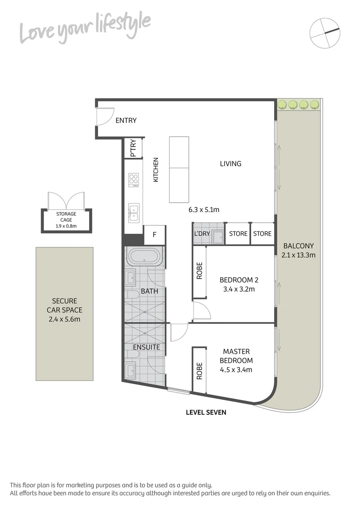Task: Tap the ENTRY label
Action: [126, 121]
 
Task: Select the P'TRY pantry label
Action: [133, 148]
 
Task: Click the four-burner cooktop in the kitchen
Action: [134, 180]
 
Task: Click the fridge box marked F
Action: [154, 234]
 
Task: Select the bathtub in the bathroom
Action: [144, 257]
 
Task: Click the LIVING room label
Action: [230, 164]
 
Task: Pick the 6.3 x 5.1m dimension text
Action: [205, 209]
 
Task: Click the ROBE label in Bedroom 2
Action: [199, 271]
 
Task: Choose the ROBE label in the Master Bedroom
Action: [199, 370]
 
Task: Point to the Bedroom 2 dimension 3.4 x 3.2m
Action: [239, 289]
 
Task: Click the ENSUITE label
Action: [147, 347]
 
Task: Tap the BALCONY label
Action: [298, 246]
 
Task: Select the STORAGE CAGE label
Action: [66, 216]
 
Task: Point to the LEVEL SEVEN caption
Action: [206, 412]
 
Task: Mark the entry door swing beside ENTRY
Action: [104, 116]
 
